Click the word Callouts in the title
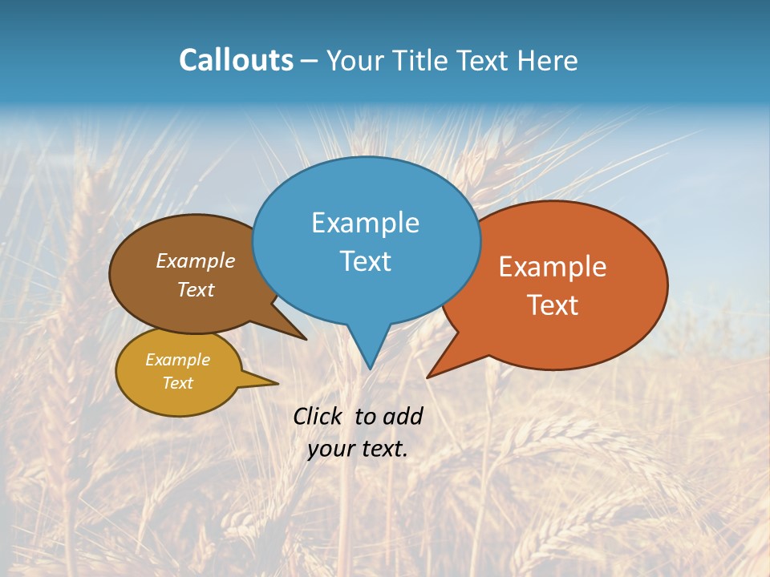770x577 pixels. coord(236,60)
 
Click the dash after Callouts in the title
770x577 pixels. coord(309,62)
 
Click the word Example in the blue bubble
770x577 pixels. coord(365,223)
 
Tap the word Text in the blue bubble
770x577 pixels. coord(365,261)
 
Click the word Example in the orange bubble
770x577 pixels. coord(553,267)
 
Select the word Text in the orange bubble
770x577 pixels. coord(553,305)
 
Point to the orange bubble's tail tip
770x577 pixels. coord(429,376)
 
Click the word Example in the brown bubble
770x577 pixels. coord(195,261)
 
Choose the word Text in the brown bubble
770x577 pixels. coord(195,290)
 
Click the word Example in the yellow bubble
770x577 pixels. coord(177,360)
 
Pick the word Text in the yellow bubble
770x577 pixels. coord(177,383)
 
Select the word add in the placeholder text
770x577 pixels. coord(403,416)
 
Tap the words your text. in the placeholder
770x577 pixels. coord(358,449)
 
